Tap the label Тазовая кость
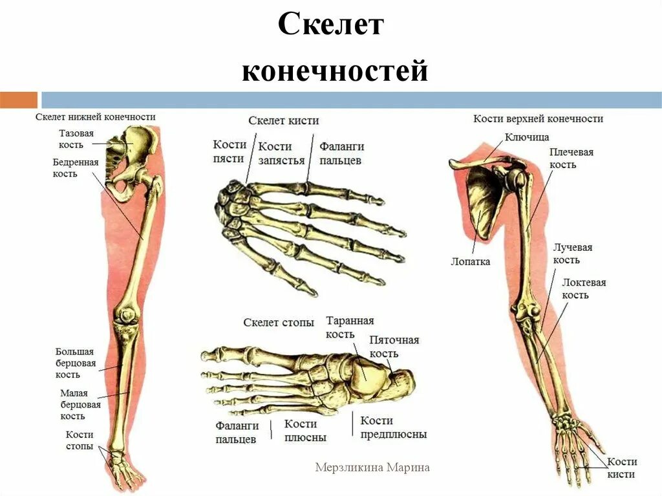tap(76, 139)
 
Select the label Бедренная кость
tap(75, 168)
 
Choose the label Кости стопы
tap(80, 440)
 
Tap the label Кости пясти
tap(229, 152)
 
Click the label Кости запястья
tap(281, 154)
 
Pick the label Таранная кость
tap(349, 327)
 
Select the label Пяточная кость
tap(394, 347)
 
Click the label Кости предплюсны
tap(393, 428)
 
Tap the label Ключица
tap(526, 137)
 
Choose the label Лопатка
tap(470, 262)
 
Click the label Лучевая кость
tap(572, 253)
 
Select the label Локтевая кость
tap(583, 288)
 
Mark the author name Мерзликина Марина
tap(372, 467)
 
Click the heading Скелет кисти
tap(283, 121)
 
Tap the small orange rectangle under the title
tap(19, 100)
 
